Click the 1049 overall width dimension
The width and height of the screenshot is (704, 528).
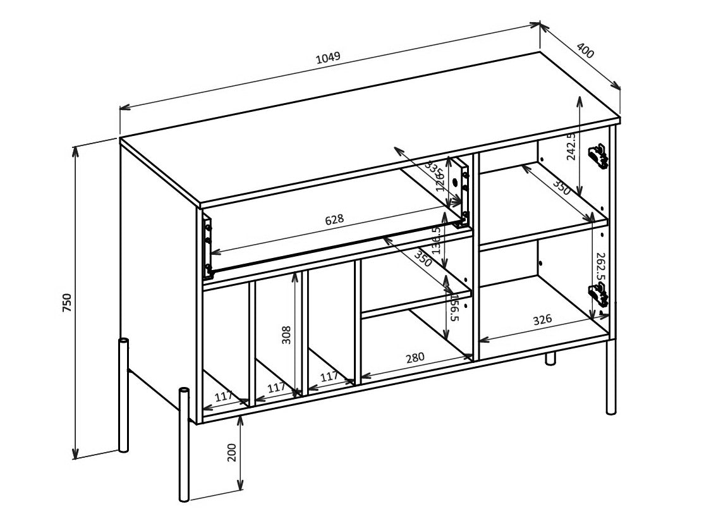[328, 57]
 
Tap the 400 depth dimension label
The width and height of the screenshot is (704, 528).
[586, 51]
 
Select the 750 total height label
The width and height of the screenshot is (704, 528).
[68, 303]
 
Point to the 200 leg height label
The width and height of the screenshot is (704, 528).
[232, 452]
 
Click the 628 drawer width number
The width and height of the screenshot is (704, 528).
[334, 219]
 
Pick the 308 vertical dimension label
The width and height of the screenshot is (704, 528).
[286, 335]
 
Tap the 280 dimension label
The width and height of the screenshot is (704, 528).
[415, 358]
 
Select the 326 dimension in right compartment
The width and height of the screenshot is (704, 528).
[542, 320]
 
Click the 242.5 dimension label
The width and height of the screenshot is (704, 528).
[571, 147]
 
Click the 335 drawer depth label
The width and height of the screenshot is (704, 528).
[434, 170]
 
